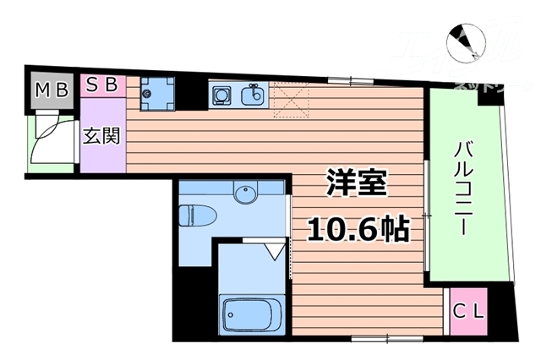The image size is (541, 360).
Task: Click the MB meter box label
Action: click(51, 90)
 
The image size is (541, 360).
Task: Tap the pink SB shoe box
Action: click(102, 85)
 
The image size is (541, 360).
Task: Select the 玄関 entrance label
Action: click(101, 135)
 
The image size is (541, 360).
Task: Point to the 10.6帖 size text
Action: click(358, 227)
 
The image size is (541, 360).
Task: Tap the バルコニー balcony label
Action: click(464, 191)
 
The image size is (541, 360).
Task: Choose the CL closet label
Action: click(468, 311)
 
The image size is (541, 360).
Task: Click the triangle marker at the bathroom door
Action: click(273, 251)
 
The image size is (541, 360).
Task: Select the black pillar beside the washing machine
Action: click(193, 94)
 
